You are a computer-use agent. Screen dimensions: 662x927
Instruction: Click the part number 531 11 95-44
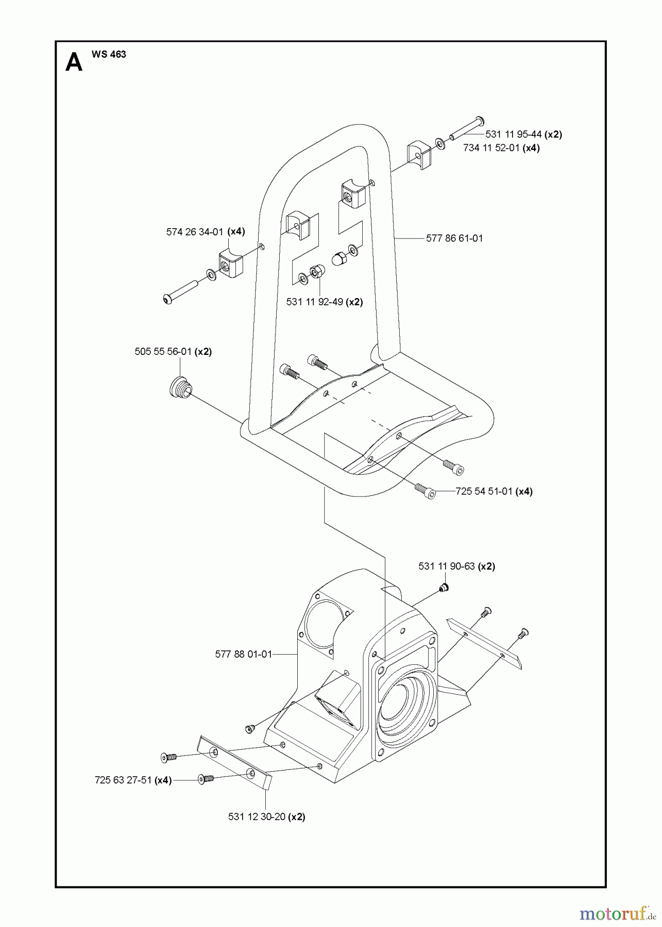[x=514, y=134]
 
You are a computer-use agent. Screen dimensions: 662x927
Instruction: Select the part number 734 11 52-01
[x=491, y=148]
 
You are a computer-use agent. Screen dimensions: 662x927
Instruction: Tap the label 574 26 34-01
[x=195, y=232]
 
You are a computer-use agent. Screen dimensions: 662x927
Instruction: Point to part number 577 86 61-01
[x=455, y=238]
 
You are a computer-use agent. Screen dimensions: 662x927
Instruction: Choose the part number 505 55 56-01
[x=163, y=352]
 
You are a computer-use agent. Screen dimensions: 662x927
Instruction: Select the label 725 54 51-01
[x=484, y=491]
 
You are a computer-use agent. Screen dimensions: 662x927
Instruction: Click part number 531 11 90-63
[x=447, y=566]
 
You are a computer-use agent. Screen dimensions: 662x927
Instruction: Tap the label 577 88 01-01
[x=244, y=655]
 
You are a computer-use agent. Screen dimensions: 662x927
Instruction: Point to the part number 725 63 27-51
[x=123, y=780]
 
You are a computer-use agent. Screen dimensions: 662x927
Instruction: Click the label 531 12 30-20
[x=257, y=817]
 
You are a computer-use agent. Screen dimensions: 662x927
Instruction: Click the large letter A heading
[x=74, y=63]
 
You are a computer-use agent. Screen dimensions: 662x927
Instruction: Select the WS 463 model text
[x=109, y=54]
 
